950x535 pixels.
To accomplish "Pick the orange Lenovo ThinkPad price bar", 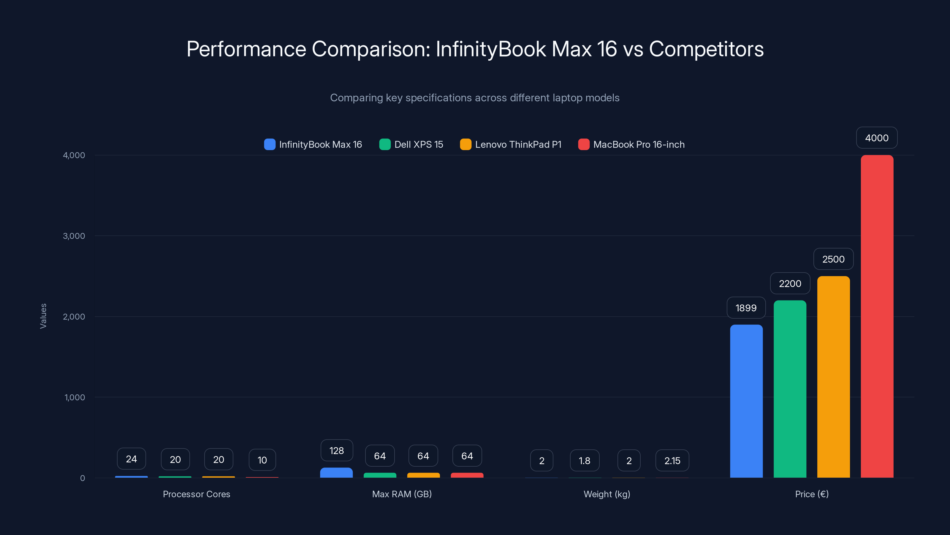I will click(833, 377).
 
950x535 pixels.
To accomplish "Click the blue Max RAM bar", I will click(336, 473).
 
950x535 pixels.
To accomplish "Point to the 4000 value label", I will click(877, 138).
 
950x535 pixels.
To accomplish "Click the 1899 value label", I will click(746, 308).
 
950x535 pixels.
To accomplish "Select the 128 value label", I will click(336, 451).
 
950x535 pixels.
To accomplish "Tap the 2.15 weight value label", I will click(672, 460).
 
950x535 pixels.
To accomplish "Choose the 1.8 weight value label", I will click(584, 460).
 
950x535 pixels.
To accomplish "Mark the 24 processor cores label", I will click(131, 459).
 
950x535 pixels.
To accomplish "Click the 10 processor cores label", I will click(262, 460).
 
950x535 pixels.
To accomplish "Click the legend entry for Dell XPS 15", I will click(411, 144).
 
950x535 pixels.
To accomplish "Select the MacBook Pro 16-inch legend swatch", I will click(584, 144).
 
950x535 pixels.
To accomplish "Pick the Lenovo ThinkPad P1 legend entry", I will click(511, 144).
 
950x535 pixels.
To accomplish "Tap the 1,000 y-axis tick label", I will click(75, 397).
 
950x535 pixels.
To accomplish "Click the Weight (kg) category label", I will click(607, 494).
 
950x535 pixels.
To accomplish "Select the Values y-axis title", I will click(43, 316).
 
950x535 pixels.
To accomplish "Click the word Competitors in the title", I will click(706, 49).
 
